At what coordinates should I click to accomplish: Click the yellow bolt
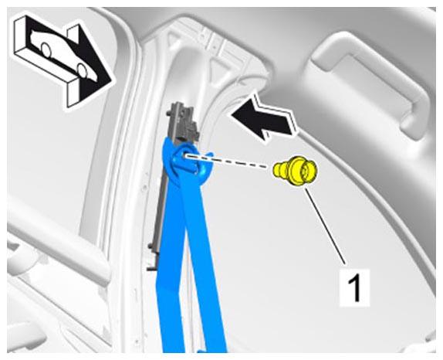pos(296,171)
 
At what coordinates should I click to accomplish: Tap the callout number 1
pos(354,287)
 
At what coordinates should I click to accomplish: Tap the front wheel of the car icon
pos(82,70)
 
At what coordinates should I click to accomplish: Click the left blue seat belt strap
pos(170,254)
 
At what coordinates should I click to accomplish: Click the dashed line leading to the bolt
pos(226,161)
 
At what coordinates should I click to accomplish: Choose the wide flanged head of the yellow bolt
pos(304,171)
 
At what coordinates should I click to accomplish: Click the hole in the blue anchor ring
pos(185,155)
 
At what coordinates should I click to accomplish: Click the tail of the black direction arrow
pos(293,124)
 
